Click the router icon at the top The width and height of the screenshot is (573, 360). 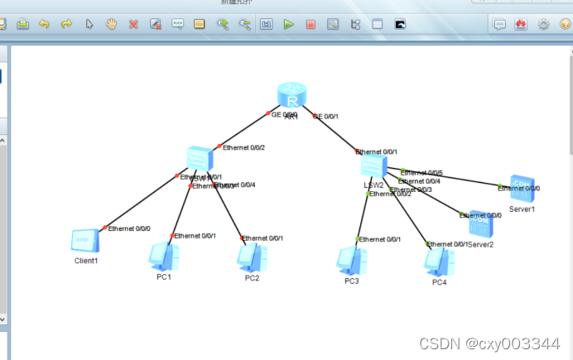[292, 98]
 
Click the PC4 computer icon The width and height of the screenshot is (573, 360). [439, 262]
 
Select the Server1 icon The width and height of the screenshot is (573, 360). [522, 190]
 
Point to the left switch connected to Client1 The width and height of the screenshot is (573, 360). [200, 157]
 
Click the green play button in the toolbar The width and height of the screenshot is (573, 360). [289, 24]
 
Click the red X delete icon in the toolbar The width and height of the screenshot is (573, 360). [133, 24]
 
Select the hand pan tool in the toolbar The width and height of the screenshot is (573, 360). [111, 24]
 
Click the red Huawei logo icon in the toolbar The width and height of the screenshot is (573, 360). [521, 24]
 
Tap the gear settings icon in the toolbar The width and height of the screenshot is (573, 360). [543, 24]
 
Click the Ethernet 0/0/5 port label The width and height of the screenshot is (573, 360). [421, 172]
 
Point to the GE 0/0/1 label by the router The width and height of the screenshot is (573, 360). [325, 117]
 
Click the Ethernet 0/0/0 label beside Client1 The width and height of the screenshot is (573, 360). [129, 228]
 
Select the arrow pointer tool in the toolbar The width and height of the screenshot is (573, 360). [89, 24]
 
